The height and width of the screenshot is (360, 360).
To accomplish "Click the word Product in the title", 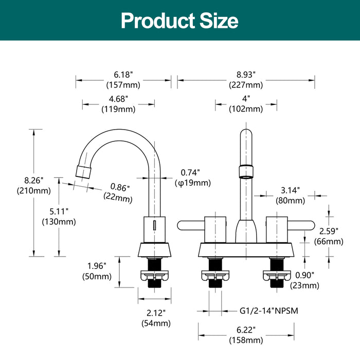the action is click(158, 21).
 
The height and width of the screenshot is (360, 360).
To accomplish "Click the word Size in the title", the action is click(219, 21).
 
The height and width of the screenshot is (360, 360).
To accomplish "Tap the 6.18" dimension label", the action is click(123, 75).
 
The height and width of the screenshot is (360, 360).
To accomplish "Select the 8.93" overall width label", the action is click(246, 75).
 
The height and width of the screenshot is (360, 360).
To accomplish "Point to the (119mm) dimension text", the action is click(118, 109).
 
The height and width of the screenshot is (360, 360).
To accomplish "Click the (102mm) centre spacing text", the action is click(246, 109).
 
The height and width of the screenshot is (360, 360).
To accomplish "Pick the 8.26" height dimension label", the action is click(34, 181).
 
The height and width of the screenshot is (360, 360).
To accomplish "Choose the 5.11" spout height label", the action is click(59, 211).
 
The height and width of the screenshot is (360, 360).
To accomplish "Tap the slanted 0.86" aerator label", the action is click(120, 187).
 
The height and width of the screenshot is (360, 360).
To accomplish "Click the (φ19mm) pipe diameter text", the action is click(193, 183).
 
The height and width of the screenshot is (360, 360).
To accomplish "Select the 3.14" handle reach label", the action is click(290, 190).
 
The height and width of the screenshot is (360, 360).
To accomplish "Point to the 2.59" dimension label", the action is click(329, 231).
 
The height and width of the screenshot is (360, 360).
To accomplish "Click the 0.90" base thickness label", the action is click(304, 275).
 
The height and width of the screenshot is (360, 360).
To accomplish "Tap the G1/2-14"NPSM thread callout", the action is click(269, 311).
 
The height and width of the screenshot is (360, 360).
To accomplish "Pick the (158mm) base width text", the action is click(246, 340).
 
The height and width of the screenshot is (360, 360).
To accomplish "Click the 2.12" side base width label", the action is click(156, 313).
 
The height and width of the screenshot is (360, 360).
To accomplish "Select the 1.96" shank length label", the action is click(97, 266).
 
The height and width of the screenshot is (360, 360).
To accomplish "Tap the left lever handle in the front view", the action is click(191, 225).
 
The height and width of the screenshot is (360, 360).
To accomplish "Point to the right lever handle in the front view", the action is click(301, 225).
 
